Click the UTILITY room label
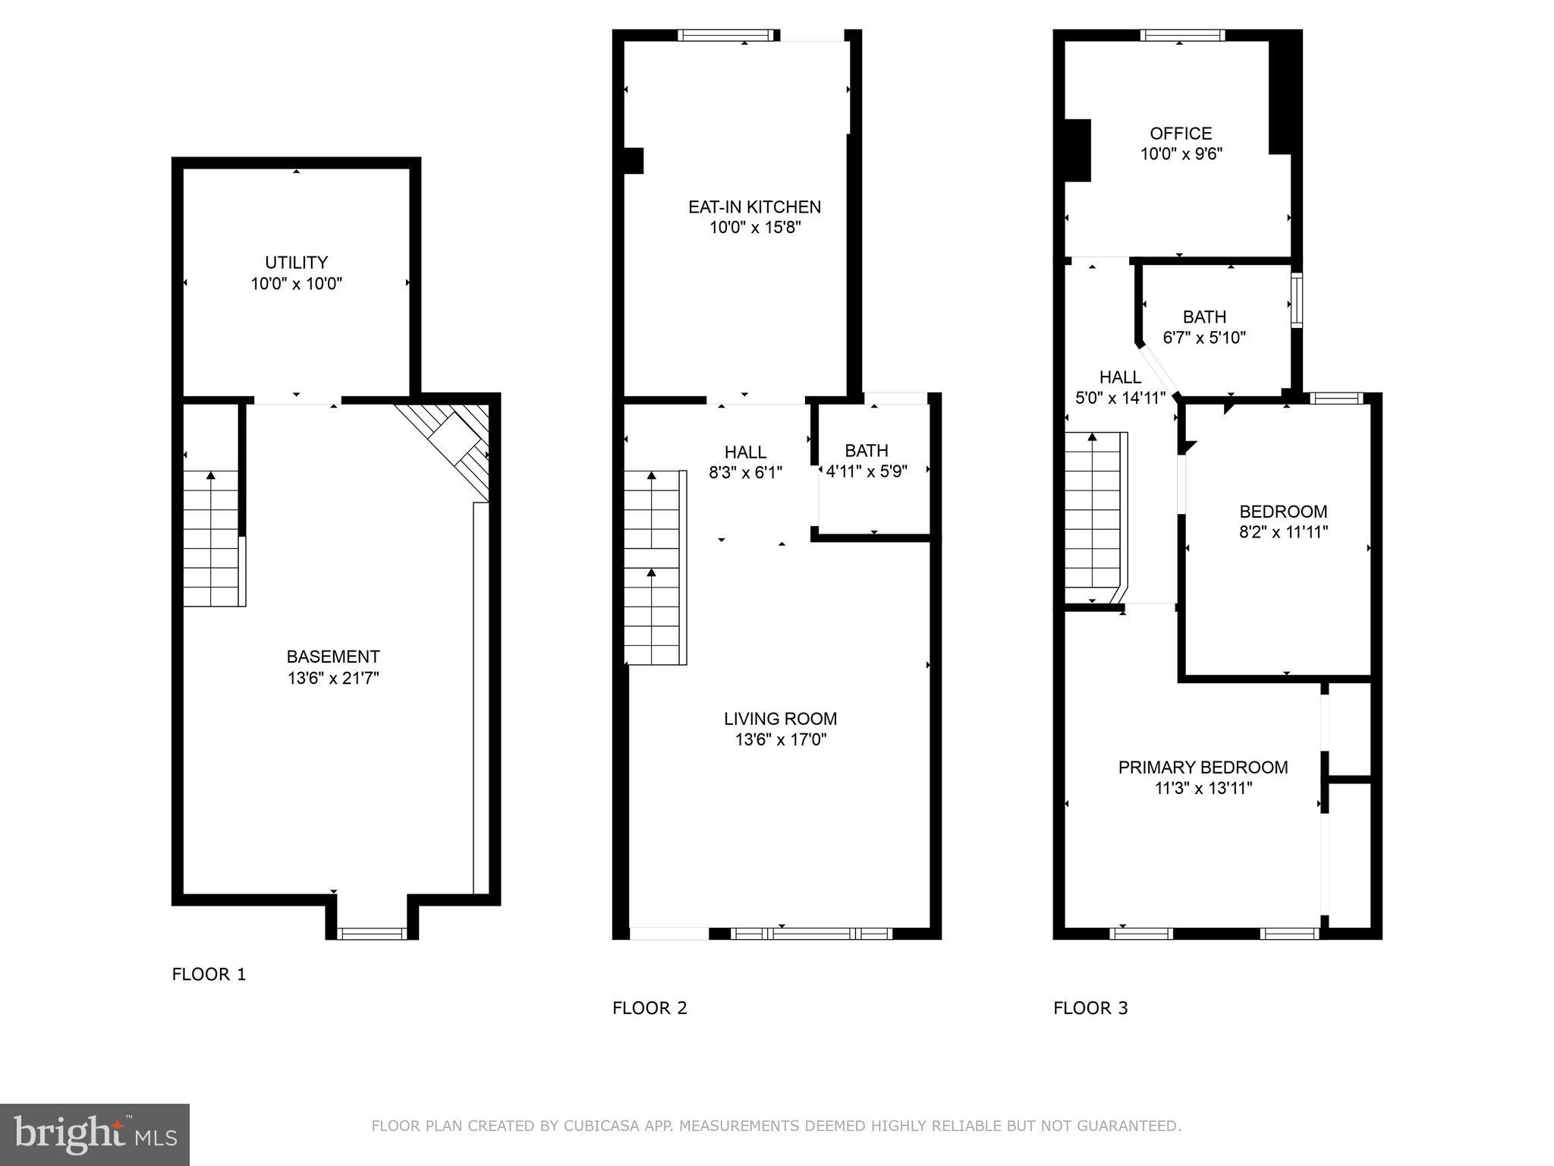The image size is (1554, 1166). click(296, 263)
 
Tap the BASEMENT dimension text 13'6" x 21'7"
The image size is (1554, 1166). click(332, 678)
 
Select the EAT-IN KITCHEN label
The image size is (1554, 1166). click(754, 206)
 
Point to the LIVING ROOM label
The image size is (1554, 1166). click(780, 718)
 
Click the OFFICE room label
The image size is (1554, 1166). click(1181, 134)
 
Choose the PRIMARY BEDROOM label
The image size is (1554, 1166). click(1203, 767)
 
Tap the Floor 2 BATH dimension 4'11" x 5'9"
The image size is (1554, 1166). click(867, 471)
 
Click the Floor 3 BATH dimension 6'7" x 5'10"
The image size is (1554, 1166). click(1204, 338)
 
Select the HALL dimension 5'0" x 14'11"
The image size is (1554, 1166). click(1120, 398)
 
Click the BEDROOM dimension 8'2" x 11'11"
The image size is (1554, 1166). click(1283, 532)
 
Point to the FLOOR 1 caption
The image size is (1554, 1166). click(209, 974)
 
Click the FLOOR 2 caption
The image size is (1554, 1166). click(650, 1008)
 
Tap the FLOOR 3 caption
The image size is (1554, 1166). click(1090, 1008)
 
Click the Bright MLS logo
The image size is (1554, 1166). click(94, 1134)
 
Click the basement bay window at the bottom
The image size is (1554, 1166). click(372, 934)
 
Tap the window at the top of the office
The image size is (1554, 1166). click(1182, 35)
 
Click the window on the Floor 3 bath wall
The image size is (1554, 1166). click(1297, 301)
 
